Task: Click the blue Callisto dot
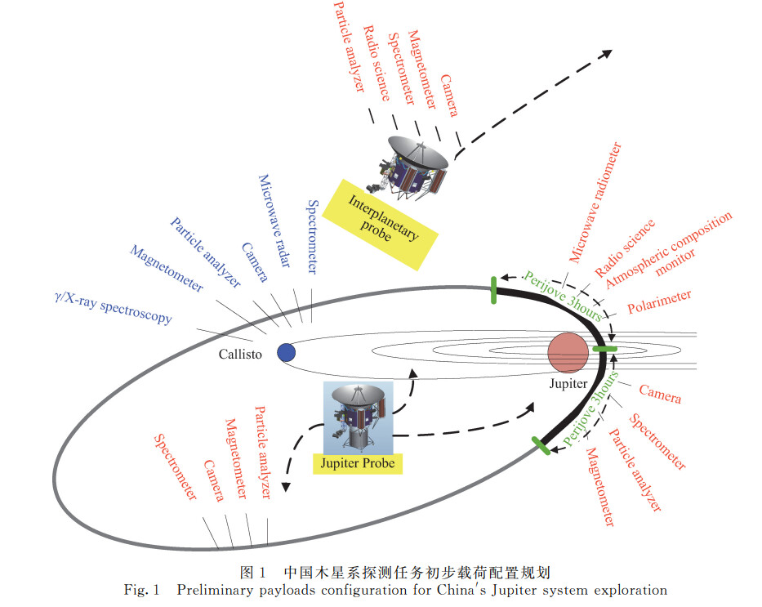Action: click(x=286, y=352)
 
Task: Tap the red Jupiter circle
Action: click(x=568, y=353)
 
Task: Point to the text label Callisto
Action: click(x=240, y=355)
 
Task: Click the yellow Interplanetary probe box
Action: click(x=380, y=225)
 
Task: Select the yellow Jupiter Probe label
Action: click(x=357, y=463)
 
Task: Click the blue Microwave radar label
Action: click(x=274, y=221)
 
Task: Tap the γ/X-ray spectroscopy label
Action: click(x=114, y=308)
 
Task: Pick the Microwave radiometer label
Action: click(x=595, y=203)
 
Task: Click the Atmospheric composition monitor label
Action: click(x=669, y=250)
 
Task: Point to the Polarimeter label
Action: click(x=659, y=301)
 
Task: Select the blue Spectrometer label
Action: click(x=313, y=237)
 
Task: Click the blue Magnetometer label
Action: click(x=167, y=268)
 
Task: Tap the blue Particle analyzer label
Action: click(x=206, y=252)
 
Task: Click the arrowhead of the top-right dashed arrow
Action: click(x=607, y=53)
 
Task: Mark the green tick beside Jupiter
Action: click(x=604, y=349)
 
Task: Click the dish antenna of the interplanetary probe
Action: click(x=418, y=152)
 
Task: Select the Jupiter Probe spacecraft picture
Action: click(x=359, y=417)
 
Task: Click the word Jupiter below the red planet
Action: click(x=568, y=383)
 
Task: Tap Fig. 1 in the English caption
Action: click(x=141, y=590)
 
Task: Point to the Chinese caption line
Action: click(x=394, y=572)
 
